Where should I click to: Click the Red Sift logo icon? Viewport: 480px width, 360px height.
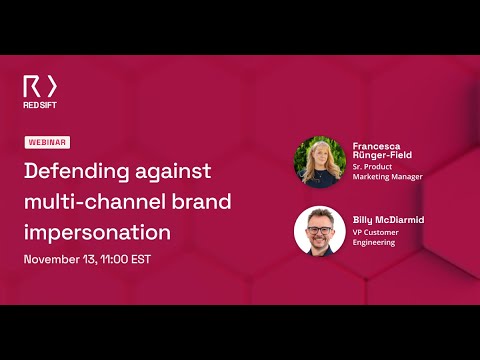(x=41, y=86)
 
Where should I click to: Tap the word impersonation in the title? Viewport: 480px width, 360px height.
(x=97, y=232)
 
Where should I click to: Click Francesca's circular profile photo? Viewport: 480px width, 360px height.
(x=319, y=161)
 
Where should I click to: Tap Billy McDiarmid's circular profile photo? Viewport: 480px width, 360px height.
(x=319, y=230)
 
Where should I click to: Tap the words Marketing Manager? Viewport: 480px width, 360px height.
(x=388, y=177)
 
